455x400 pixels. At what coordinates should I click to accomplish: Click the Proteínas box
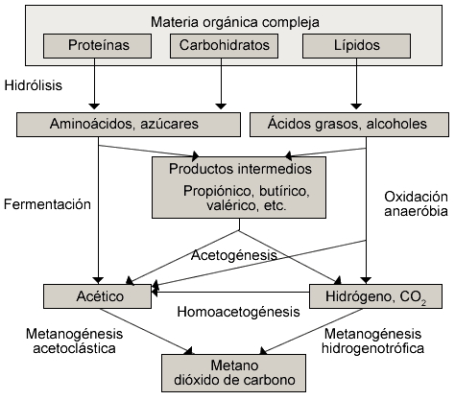point(97,46)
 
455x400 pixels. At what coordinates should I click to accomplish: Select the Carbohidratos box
point(224,46)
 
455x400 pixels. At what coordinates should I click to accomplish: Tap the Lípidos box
point(356,46)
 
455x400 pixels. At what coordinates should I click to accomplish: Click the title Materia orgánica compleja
point(235,22)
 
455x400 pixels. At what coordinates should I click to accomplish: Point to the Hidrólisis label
point(34,85)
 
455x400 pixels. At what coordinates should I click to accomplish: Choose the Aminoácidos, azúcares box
point(129,125)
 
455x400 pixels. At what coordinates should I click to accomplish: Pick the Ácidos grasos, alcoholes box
point(349,125)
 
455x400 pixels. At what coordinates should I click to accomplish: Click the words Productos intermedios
point(240,169)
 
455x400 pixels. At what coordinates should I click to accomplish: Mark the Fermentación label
point(47,204)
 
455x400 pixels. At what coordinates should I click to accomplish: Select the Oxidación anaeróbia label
point(416,204)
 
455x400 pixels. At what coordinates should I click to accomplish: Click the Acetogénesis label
point(234,255)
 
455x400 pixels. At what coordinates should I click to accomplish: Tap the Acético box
point(97,296)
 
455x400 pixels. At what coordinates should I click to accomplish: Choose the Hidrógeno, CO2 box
point(375,296)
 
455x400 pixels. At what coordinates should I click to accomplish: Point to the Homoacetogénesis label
point(239,312)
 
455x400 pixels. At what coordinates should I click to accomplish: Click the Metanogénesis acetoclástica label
point(74,341)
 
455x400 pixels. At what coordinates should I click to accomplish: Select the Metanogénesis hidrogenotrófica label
point(372,341)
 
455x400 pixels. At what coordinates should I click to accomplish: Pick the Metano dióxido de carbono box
point(233,373)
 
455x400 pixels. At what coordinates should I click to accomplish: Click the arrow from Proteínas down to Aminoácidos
point(94,83)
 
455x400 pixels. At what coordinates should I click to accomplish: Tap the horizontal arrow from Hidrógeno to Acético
point(230,292)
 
